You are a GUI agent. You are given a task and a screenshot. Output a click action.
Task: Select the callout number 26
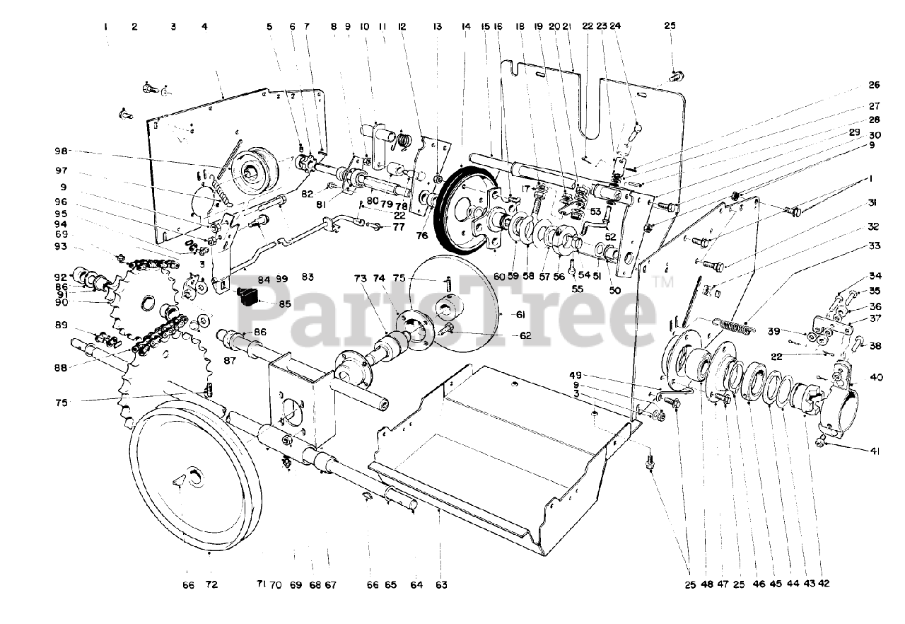[874, 86]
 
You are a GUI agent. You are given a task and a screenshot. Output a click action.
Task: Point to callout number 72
[211, 585]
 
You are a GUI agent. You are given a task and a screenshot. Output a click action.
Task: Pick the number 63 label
[441, 585]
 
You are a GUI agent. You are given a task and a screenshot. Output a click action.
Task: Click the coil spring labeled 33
[735, 325]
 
